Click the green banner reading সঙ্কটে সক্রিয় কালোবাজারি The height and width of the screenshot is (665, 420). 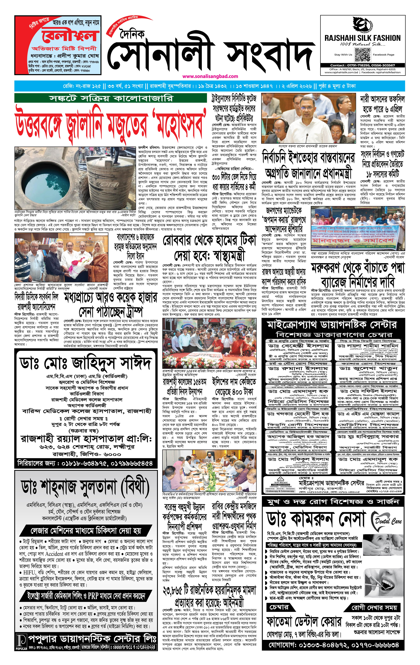coord(110,98)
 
